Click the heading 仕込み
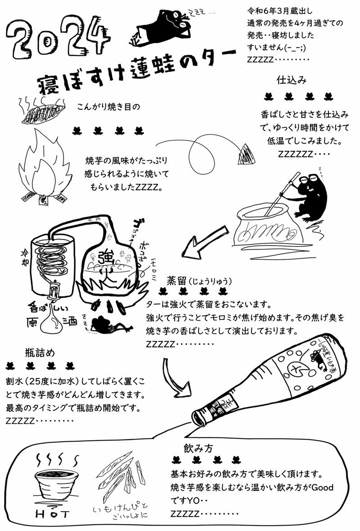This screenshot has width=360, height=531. (x=292, y=80)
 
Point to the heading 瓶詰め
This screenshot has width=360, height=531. (x=40, y=352)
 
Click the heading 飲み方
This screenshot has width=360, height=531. (x=198, y=448)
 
